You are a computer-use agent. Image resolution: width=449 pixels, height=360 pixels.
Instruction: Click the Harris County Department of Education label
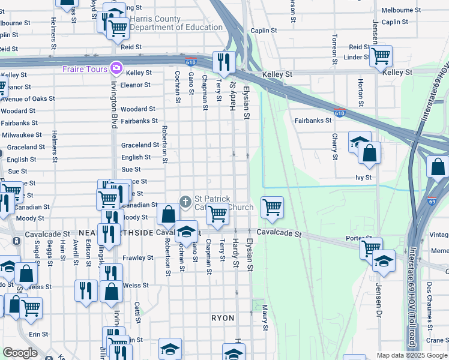176,23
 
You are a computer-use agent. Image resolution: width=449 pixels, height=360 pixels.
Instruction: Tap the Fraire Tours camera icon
114,68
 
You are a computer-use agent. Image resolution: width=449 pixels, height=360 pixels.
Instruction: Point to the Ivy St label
364,178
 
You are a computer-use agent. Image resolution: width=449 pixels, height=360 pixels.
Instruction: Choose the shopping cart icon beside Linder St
381,56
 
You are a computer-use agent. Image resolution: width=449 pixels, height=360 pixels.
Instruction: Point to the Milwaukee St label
22,135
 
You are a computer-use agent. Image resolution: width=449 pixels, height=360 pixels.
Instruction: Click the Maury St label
264,318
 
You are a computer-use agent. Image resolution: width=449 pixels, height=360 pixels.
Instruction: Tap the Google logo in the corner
20,352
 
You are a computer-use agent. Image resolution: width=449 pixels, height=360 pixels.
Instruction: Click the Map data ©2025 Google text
411,355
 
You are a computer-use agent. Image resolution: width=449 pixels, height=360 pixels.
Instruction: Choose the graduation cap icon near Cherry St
359,142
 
